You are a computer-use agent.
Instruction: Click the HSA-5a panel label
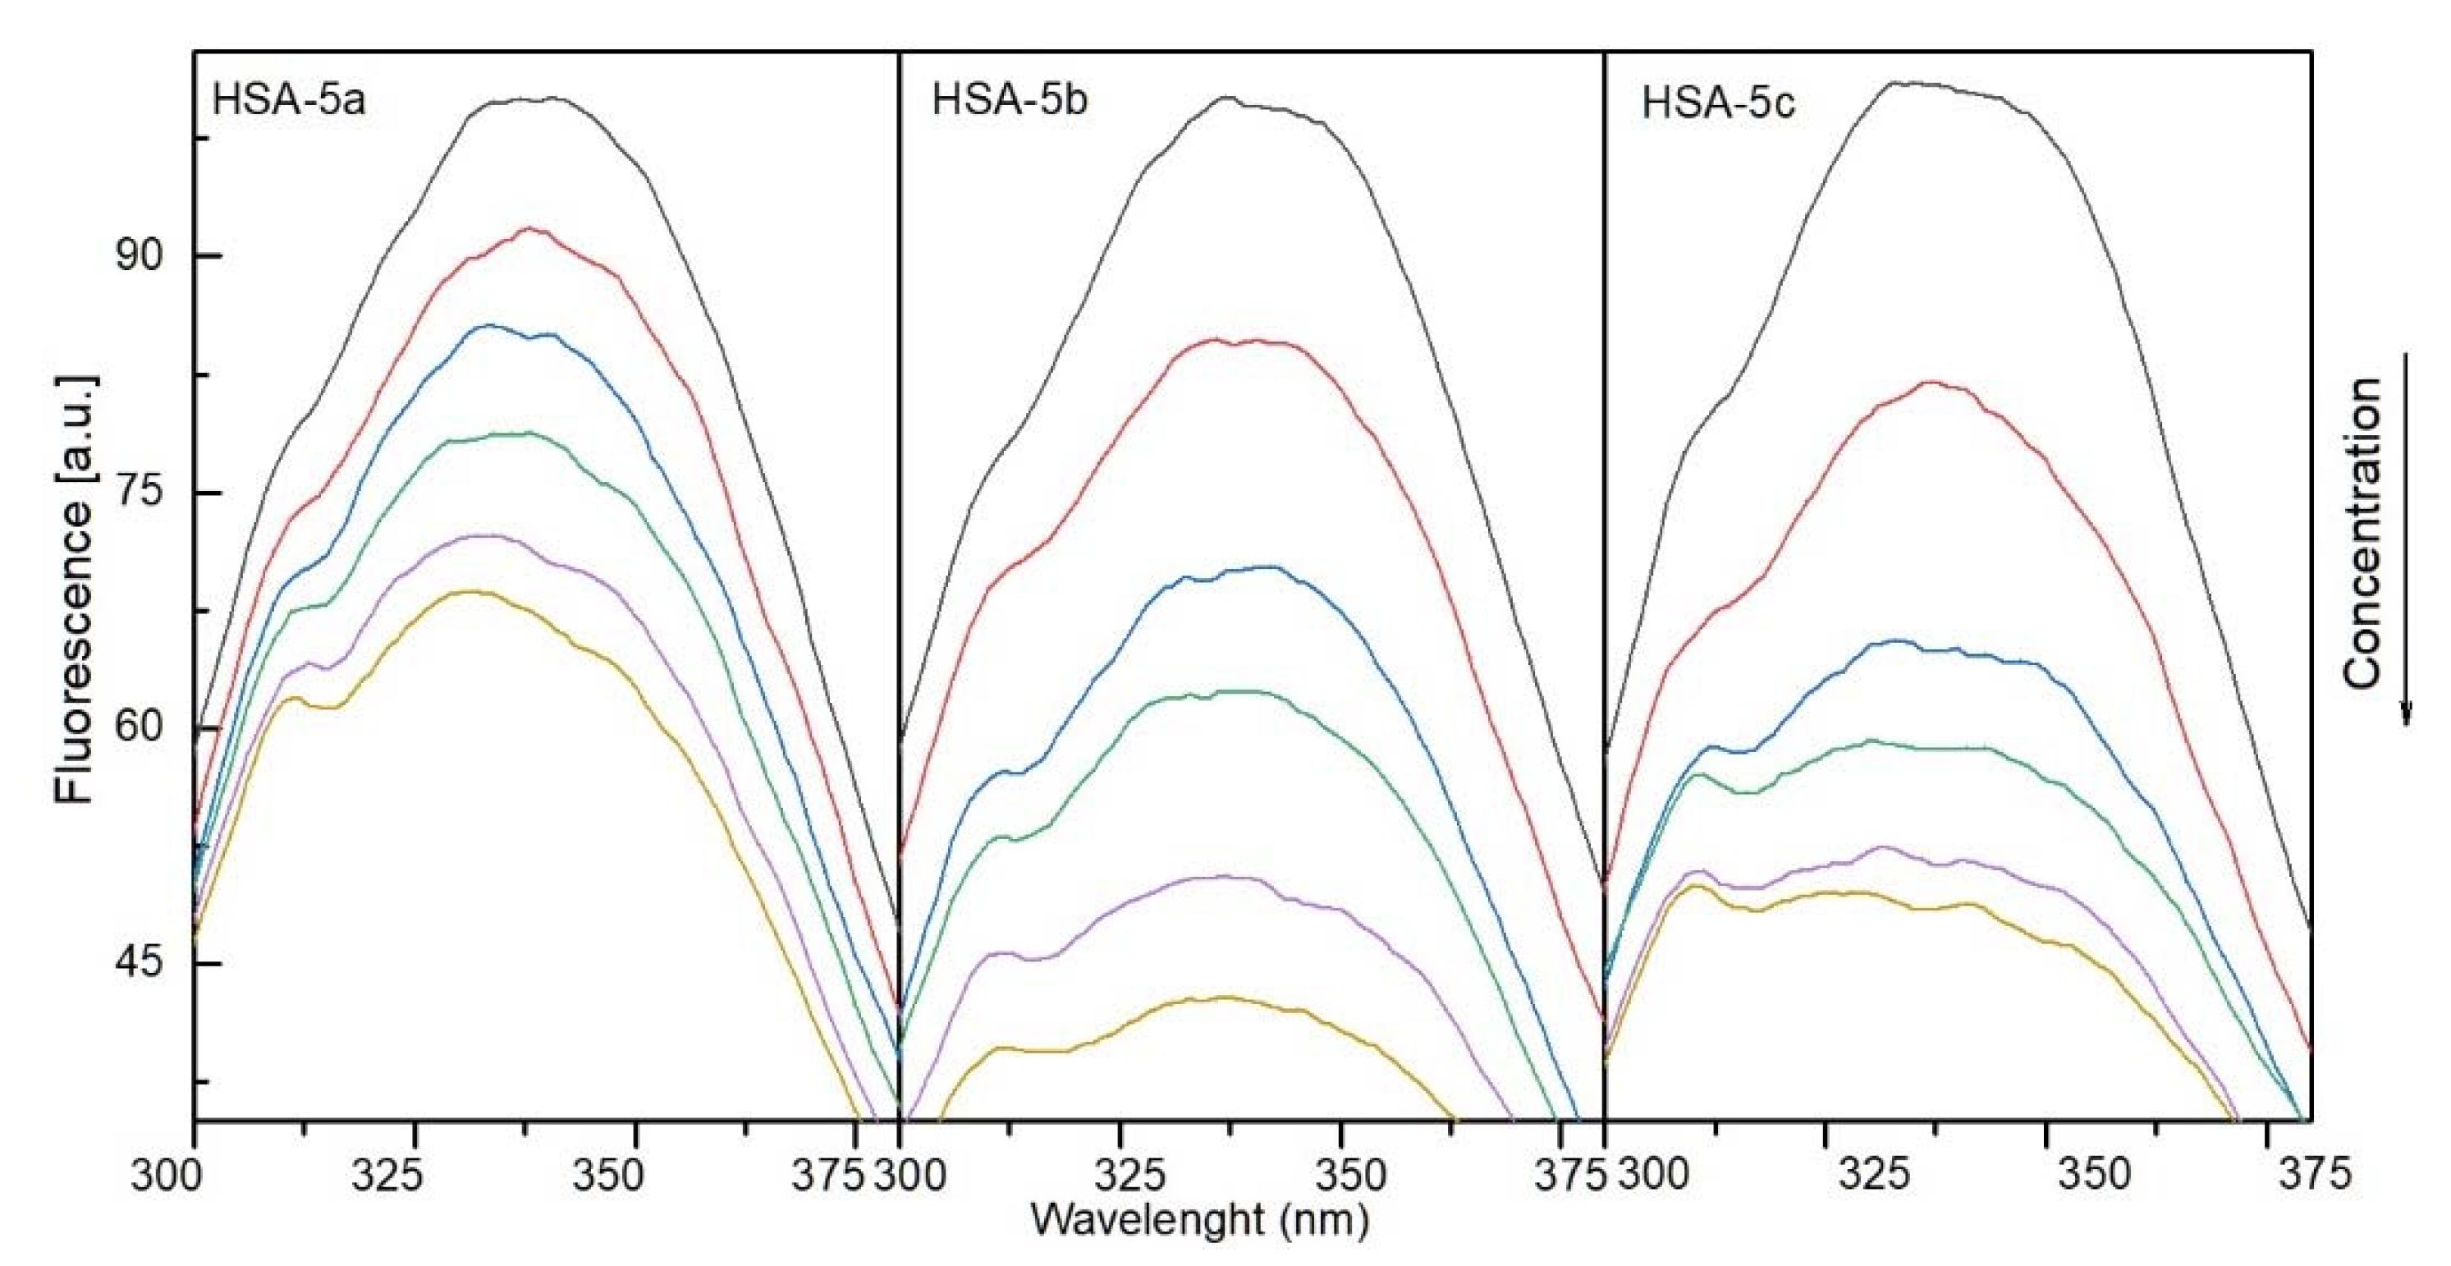point(288,100)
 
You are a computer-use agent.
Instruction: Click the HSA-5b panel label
point(1010,100)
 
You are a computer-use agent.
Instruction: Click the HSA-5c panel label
point(1718,103)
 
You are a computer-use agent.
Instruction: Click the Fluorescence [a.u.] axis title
point(74,590)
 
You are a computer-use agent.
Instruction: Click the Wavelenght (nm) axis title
point(1200,1219)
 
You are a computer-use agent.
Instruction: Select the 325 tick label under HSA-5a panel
point(387,1177)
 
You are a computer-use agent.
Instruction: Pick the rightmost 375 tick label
point(2314,1175)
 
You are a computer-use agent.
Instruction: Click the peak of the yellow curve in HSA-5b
point(1225,998)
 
